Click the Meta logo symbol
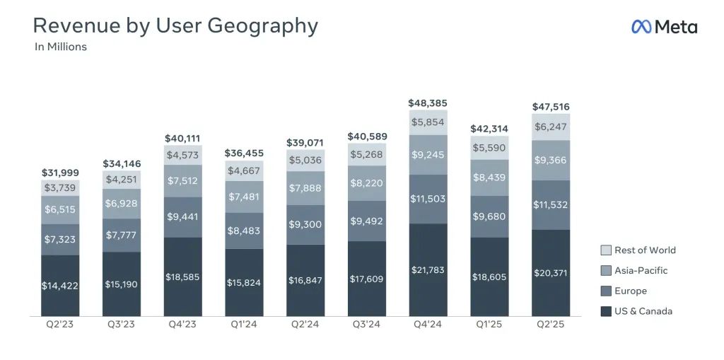pos(641,27)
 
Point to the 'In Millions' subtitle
pos(61,47)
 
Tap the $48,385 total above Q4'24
pos(428,103)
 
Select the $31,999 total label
pos(60,173)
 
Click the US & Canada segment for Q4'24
pos(428,270)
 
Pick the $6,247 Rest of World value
pos(551,127)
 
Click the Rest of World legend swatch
pos(605,250)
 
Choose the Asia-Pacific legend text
pos(641,270)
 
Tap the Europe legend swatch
pos(605,291)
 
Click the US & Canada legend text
pos(643,311)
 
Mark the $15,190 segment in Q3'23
pos(122,284)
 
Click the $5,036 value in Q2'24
pos(305,161)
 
